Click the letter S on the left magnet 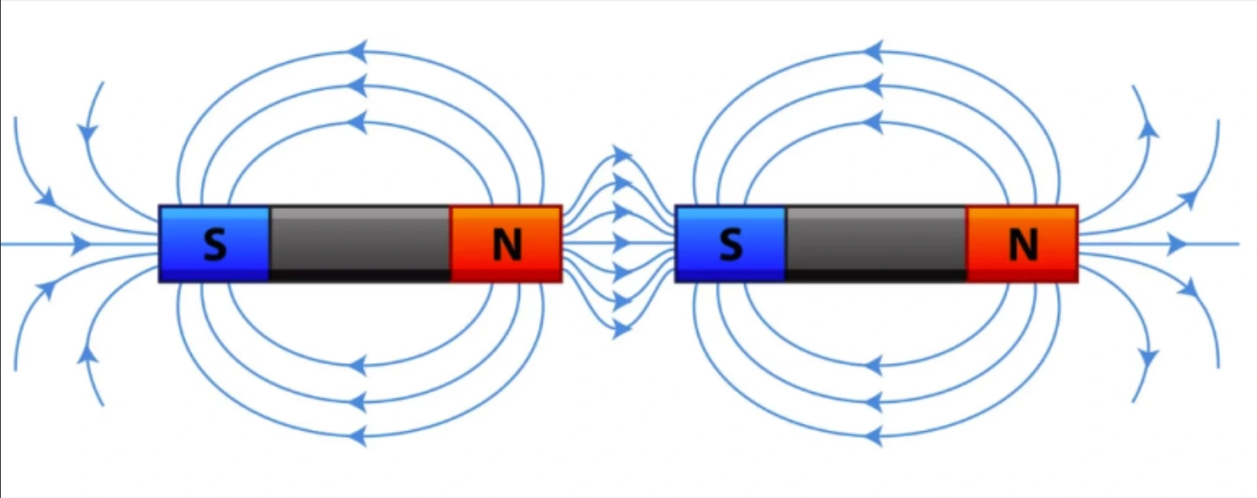(214, 245)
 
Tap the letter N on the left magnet (507, 245)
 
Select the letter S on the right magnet (731, 245)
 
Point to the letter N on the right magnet (1022, 245)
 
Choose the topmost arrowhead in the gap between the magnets (622, 155)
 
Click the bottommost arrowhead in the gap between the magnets (622, 330)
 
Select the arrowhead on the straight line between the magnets (621, 243)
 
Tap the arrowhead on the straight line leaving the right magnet (1177, 244)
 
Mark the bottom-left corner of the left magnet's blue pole (160, 281)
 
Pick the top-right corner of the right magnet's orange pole (1077, 207)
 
